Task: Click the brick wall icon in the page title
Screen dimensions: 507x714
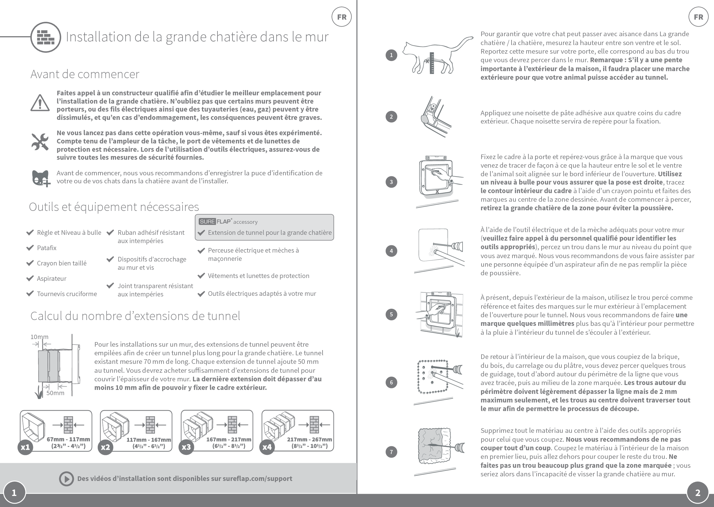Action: pyautogui.click(x=46, y=37)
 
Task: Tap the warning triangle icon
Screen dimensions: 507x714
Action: pyautogui.click(x=40, y=103)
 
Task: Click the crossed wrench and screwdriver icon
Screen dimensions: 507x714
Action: pyautogui.click(x=40, y=142)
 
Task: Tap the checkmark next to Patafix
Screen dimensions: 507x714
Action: pyautogui.click(x=30, y=248)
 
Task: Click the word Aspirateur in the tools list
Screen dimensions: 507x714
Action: pyautogui.click(x=51, y=278)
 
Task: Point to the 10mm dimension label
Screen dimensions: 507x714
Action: pyautogui.click(x=39, y=337)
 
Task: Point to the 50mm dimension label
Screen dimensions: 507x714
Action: pyautogui.click(x=55, y=393)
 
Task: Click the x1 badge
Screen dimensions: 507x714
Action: pyautogui.click(x=25, y=447)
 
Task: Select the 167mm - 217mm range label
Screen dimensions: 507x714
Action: pyautogui.click(x=229, y=440)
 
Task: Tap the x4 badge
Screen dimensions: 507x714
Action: pyautogui.click(x=267, y=447)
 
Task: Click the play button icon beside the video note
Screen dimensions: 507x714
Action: pyautogui.click(x=66, y=478)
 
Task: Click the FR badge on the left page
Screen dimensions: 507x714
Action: pyautogui.click(x=342, y=17)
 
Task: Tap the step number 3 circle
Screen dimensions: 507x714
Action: pyautogui.click(x=391, y=182)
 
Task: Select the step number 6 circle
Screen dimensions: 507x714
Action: pyautogui.click(x=391, y=383)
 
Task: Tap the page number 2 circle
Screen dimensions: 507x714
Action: pyautogui.click(x=697, y=493)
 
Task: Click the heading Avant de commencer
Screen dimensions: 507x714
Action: pyautogui.click(x=85, y=74)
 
